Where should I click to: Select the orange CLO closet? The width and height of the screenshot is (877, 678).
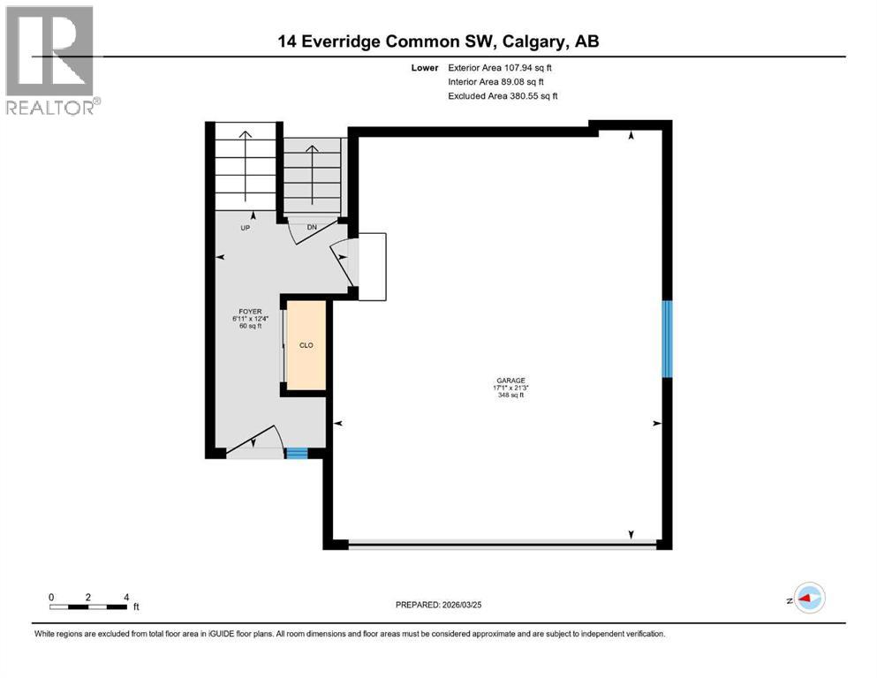[306, 345]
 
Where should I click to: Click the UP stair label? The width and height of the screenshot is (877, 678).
[246, 227]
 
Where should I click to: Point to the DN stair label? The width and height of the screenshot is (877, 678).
[312, 227]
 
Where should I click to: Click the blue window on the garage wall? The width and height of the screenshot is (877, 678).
[668, 339]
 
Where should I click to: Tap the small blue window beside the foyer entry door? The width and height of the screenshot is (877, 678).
[297, 454]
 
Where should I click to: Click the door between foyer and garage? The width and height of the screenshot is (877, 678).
[343, 262]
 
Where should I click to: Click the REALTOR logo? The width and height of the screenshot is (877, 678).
[50, 61]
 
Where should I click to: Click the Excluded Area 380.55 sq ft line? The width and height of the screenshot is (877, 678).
[503, 95]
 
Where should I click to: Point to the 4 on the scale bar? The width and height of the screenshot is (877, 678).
[126, 597]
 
